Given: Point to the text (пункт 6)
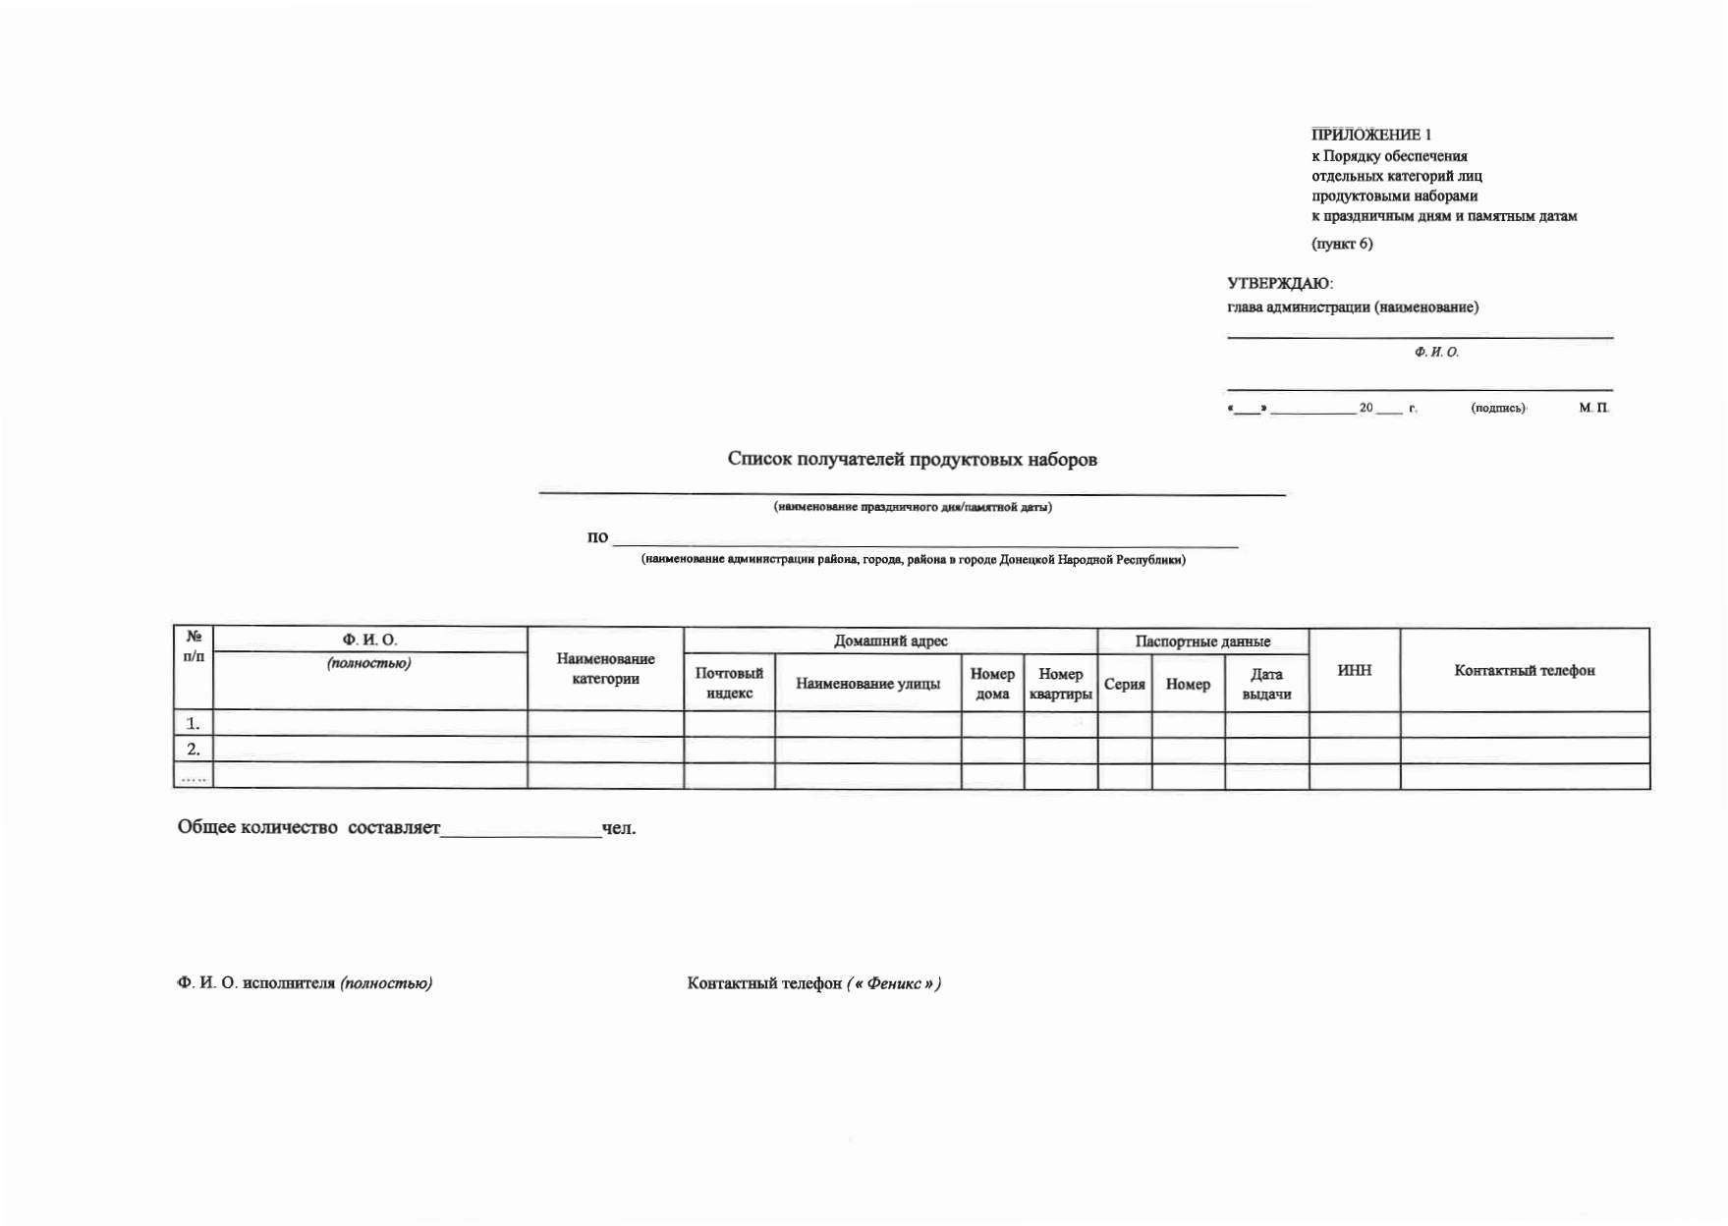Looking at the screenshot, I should point(1342,244).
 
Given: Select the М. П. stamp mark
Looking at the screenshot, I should point(1593,407).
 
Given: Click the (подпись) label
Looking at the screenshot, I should point(1497,408).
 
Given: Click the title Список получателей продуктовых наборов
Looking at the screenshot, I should point(912,459).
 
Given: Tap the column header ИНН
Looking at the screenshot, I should point(1354,670).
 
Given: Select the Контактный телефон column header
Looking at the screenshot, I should point(1524,670).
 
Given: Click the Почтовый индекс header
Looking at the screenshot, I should point(729,683).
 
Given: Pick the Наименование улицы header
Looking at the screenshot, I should point(867,684).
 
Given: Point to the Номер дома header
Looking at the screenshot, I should point(992,684).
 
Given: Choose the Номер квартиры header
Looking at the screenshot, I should point(1060,684).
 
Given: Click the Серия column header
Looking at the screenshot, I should point(1124,684).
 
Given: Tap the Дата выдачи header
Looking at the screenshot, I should point(1266,684).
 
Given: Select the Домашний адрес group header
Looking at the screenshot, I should point(890,641).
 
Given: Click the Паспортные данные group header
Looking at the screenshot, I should point(1202,641).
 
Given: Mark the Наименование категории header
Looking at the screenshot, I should point(605,669).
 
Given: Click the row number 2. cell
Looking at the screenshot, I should point(194,749).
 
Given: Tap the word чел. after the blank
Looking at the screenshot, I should point(619,828).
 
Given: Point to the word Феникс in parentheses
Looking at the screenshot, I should point(893,983).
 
